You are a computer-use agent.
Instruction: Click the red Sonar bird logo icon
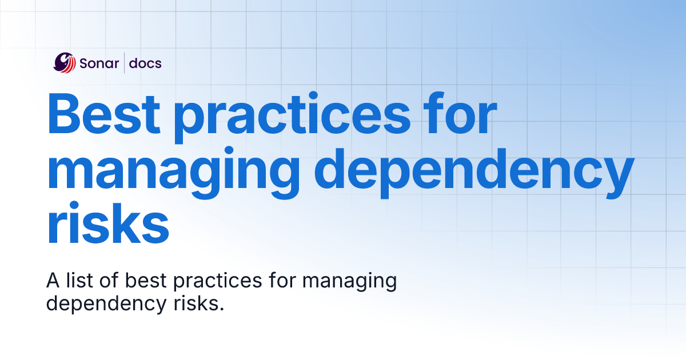(64, 63)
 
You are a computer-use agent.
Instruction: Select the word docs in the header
(145, 63)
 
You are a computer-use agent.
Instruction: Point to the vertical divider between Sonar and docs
(124, 63)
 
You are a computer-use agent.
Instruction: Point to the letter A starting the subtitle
(52, 281)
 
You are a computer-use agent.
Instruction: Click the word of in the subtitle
(109, 281)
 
